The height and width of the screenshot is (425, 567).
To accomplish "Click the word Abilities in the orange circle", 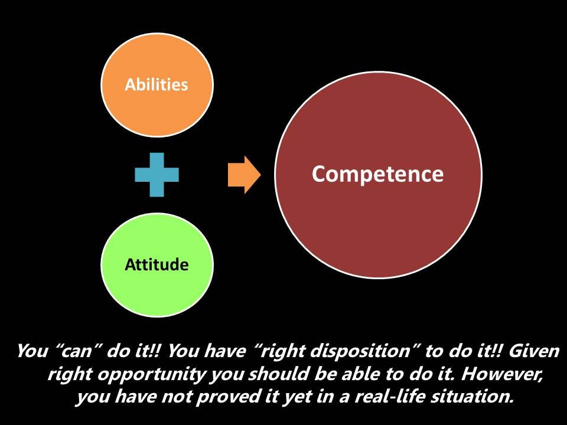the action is [x=156, y=84].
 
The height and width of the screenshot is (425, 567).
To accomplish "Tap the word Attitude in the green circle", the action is [x=157, y=264].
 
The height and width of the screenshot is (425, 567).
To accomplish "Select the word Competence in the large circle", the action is [x=377, y=175].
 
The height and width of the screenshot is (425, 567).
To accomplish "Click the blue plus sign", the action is [x=157, y=175].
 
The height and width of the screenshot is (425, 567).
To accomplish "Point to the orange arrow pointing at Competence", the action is [x=244, y=175].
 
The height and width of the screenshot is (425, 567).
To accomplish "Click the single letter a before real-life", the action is [x=344, y=397].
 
